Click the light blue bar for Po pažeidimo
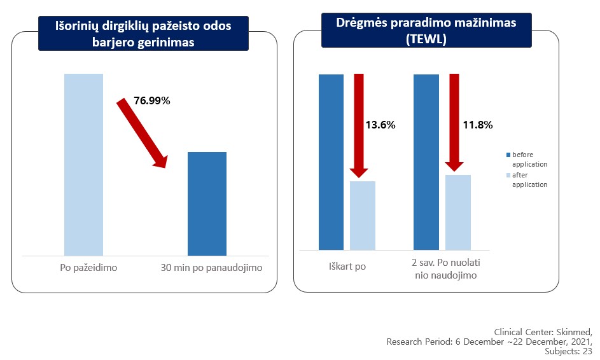click(x=83, y=164)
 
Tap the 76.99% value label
click(x=152, y=100)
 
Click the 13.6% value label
click(x=380, y=125)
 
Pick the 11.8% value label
click(x=478, y=125)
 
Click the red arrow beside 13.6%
click(x=359, y=125)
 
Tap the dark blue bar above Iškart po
click(x=331, y=162)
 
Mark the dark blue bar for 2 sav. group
click(x=426, y=162)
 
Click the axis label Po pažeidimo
click(x=84, y=268)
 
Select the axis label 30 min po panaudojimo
click(x=211, y=268)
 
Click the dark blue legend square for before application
click(x=508, y=155)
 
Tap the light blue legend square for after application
click(x=508, y=176)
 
